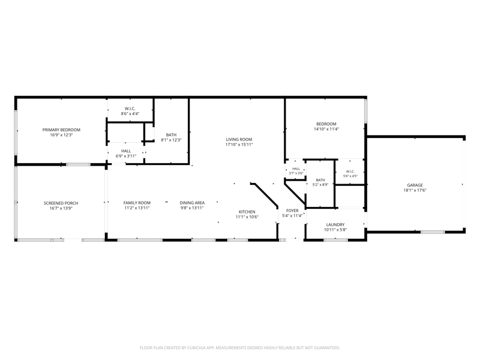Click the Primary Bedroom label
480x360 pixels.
61,130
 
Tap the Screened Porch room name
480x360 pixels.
61,203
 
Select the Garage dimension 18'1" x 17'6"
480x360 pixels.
415,190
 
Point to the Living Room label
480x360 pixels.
239,139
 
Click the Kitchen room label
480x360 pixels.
247,212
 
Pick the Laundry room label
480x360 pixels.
335,224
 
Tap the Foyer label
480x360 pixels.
292,211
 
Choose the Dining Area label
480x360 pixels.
192,203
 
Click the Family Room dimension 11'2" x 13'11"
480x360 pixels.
137,208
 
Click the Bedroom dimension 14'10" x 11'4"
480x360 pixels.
326,129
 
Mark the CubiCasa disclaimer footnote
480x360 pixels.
239,348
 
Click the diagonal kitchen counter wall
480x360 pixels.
265,194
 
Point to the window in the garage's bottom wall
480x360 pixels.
433,232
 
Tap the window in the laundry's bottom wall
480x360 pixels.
336,240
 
